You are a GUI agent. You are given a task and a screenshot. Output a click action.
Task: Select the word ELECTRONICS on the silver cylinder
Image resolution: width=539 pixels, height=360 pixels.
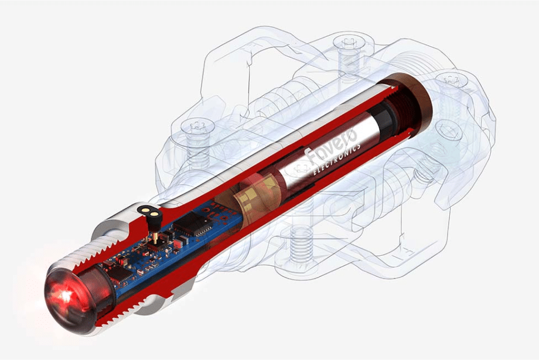pos(337,159)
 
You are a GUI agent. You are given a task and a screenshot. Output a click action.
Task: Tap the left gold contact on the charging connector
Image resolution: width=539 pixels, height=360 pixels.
pos(145,208)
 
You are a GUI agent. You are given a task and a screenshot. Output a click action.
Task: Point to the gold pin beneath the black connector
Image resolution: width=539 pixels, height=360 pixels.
pos(155,238)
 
